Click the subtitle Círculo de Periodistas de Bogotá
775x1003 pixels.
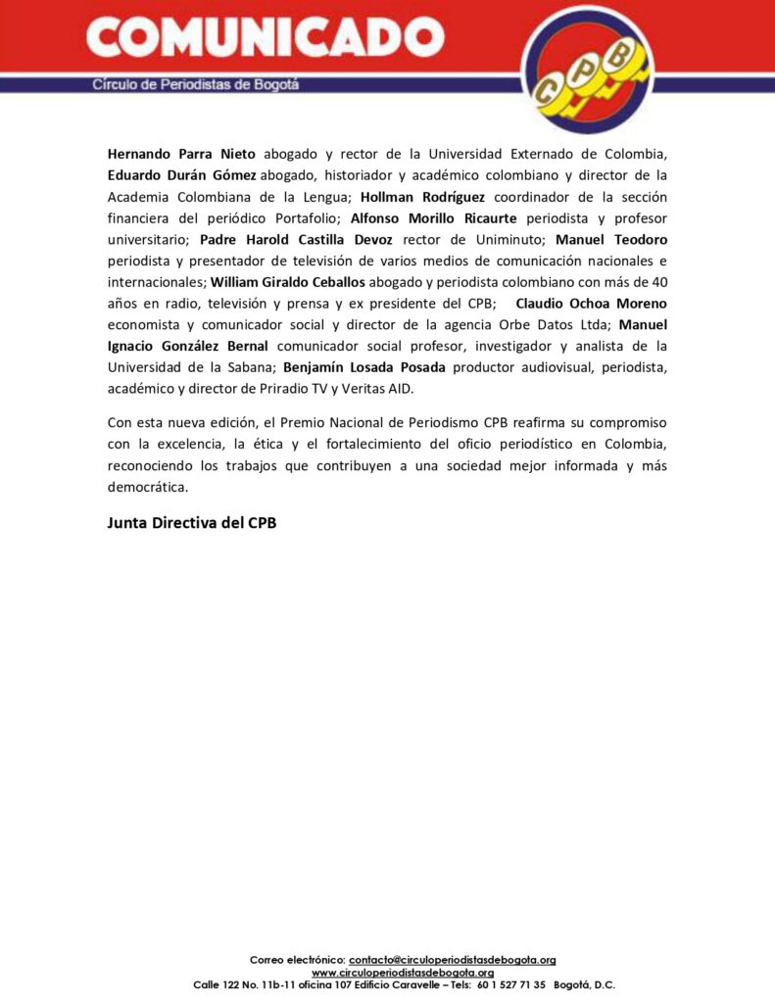click(x=196, y=84)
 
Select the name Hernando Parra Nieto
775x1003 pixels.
click(x=181, y=154)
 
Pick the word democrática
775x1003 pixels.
click(x=146, y=487)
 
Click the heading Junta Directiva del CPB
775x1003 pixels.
click(x=192, y=523)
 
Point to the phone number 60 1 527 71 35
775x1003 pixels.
click(x=511, y=984)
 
